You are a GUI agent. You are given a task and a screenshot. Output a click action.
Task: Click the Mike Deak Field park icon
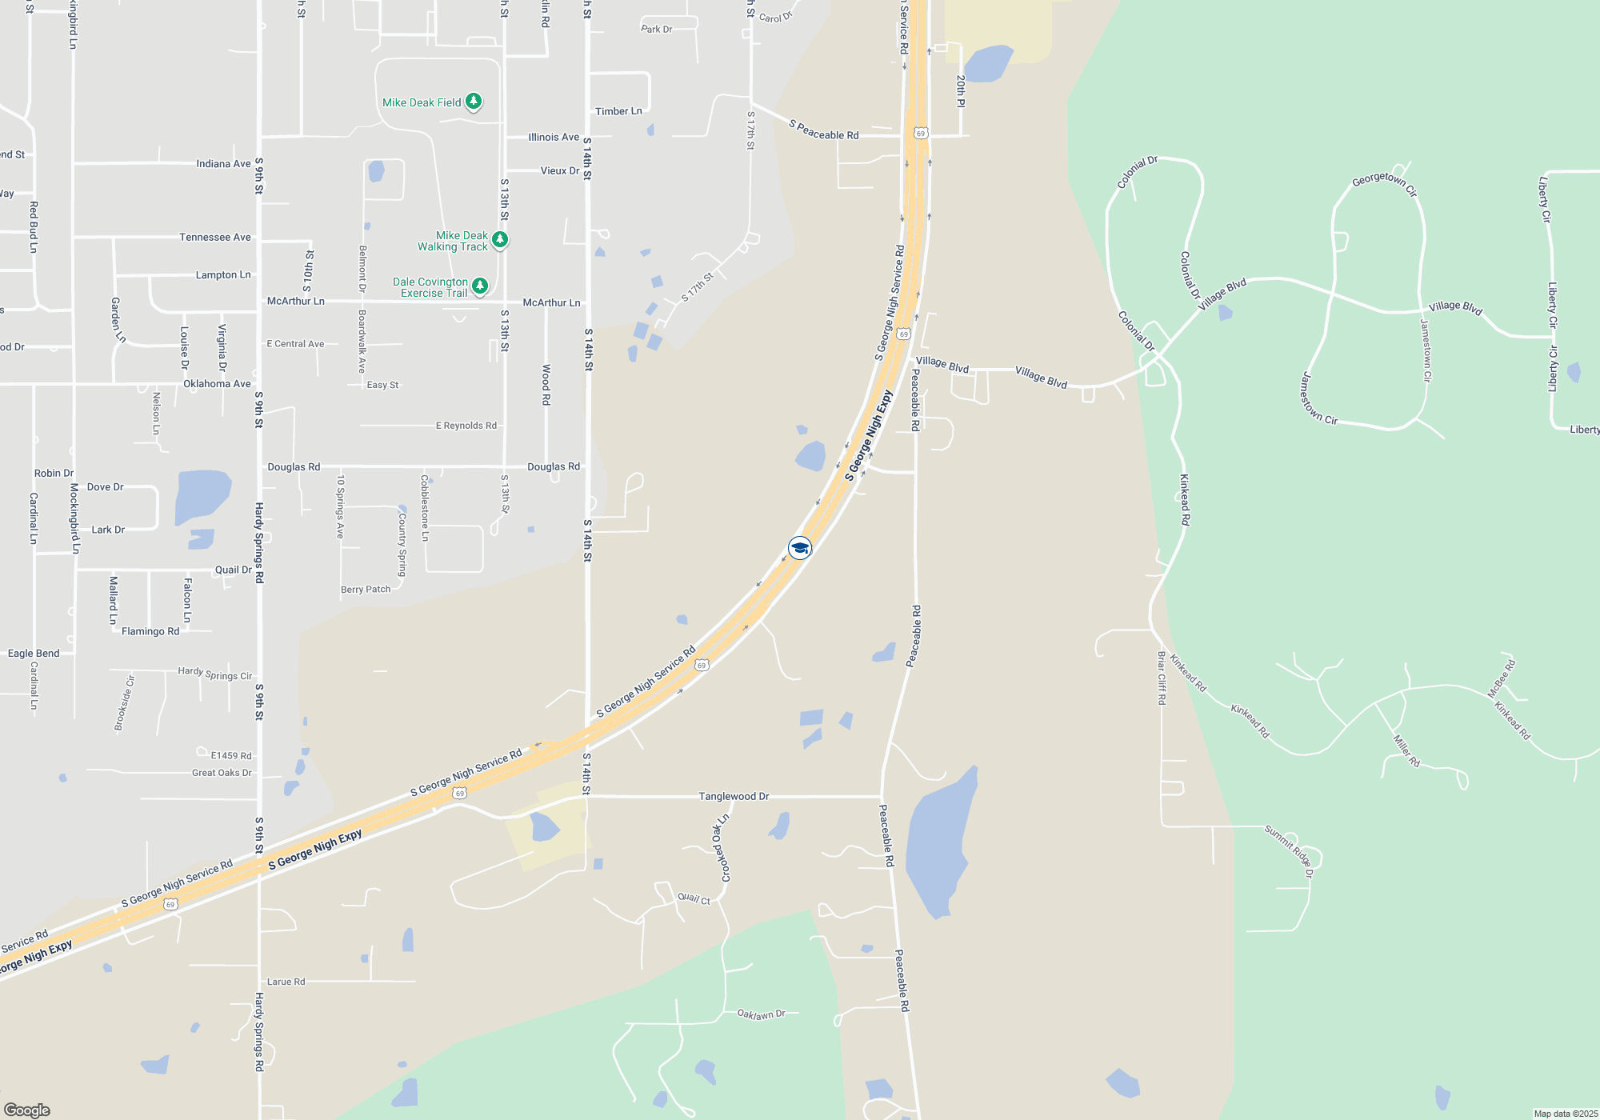[x=474, y=102]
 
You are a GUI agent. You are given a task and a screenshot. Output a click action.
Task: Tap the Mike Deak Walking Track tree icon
[x=500, y=239]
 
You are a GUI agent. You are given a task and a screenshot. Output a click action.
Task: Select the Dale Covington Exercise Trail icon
[x=480, y=286]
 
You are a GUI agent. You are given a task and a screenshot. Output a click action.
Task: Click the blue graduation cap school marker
[x=800, y=548]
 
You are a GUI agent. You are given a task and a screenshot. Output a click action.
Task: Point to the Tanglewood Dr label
[x=734, y=796]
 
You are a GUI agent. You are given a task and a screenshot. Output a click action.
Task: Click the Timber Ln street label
[x=618, y=111]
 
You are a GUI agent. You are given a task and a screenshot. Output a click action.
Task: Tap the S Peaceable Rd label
[x=823, y=130]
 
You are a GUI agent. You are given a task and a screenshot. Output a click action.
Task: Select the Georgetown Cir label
[x=1384, y=183]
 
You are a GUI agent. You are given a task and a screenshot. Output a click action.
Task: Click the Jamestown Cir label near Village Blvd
[x=1426, y=350]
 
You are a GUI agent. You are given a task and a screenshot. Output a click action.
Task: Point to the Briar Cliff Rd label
[x=1162, y=678]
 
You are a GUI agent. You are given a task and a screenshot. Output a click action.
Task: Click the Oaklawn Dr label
[x=761, y=1014]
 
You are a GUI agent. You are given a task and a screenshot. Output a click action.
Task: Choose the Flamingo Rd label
[x=150, y=631]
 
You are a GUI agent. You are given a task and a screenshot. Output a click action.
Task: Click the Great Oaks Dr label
[x=222, y=773]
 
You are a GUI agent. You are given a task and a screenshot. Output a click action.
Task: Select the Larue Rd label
[x=286, y=982]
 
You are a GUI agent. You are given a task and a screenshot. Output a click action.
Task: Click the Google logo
[x=27, y=1110]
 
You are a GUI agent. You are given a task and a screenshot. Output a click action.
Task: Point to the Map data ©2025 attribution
[x=1566, y=1114]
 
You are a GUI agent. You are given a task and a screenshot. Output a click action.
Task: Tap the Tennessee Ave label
[x=214, y=237]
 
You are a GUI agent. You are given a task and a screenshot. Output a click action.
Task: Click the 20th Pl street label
[x=961, y=91]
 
